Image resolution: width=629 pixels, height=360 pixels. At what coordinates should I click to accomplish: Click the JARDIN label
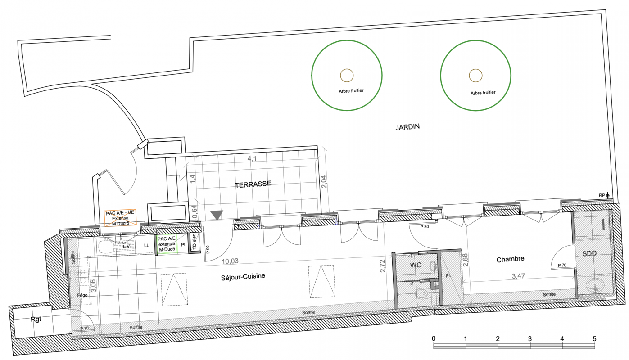click(x=407, y=127)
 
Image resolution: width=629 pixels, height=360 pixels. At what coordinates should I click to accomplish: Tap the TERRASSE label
click(x=253, y=184)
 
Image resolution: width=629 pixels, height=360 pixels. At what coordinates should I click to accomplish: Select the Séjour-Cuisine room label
click(x=243, y=277)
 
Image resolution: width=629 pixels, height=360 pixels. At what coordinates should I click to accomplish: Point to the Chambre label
click(x=510, y=259)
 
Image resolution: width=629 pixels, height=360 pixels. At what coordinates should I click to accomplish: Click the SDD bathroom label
click(x=589, y=254)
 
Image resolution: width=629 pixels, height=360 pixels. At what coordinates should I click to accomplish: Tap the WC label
click(x=416, y=265)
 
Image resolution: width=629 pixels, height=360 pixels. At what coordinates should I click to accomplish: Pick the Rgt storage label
click(x=36, y=319)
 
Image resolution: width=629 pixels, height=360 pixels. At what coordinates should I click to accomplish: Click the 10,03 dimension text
click(x=230, y=261)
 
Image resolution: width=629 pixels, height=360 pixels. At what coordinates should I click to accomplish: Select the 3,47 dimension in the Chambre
click(x=518, y=276)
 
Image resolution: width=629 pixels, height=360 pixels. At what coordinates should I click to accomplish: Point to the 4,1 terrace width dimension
click(x=252, y=159)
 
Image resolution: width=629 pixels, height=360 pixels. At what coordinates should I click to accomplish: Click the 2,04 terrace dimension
click(x=323, y=181)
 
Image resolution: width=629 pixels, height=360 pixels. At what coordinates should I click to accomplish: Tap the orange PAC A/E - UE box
click(x=120, y=218)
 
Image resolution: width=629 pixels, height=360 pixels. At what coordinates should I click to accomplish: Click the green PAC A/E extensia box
click(x=167, y=244)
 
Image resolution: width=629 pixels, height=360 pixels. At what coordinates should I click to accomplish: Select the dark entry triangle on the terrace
click(x=217, y=215)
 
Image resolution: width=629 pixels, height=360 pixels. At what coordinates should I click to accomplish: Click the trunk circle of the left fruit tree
click(x=347, y=76)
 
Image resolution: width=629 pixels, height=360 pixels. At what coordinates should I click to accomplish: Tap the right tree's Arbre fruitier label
click(x=483, y=93)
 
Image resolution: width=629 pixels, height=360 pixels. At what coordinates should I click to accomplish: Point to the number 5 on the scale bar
click(x=594, y=339)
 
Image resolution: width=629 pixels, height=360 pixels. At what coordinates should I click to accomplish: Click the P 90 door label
click(x=208, y=249)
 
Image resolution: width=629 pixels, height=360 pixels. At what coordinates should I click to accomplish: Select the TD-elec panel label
click(x=194, y=242)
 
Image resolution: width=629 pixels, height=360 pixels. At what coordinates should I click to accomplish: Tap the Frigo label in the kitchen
click(x=82, y=295)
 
